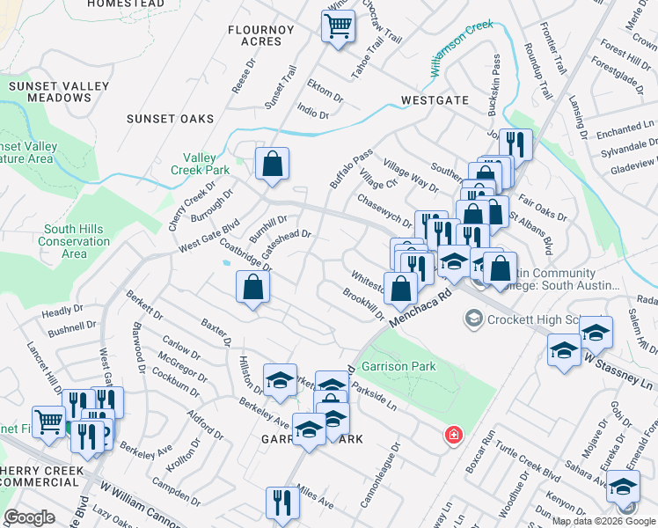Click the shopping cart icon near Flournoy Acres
pyautogui.click(x=338, y=26)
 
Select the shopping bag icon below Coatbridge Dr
pyautogui.click(x=252, y=287)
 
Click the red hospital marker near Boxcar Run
pyautogui.click(x=453, y=435)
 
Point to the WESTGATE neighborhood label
pyautogui.click(x=435, y=100)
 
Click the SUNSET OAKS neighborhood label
pyautogui.click(x=170, y=119)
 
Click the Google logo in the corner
pyautogui.click(x=29, y=517)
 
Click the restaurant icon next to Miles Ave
pyautogui.click(x=282, y=503)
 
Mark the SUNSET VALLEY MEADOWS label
pyautogui.click(x=59, y=92)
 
